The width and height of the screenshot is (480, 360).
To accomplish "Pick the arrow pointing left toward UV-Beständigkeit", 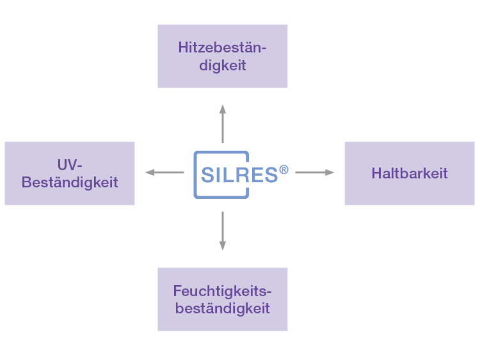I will (x=165, y=173).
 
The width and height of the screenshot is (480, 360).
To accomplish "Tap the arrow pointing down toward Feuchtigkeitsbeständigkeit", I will (x=223, y=230).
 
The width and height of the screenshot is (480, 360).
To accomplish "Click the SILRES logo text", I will (x=239, y=175).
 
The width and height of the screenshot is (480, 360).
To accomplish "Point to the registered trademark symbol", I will (x=284, y=170).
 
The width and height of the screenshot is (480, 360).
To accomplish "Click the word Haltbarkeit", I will (x=409, y=173).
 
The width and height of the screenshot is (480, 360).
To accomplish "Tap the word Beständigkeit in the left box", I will (x=70, y=183).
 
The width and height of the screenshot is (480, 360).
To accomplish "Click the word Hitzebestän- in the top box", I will (x=222, y=47).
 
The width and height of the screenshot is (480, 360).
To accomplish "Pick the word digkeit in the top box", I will (x=222, y=66).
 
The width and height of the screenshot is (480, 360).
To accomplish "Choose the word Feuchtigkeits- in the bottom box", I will (x=222, y=291).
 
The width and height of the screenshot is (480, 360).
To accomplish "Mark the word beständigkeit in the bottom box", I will (x=222, y=309).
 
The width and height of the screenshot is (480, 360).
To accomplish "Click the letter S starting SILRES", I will (x=208, y=175).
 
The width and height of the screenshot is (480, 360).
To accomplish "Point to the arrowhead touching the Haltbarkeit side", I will (x=330, y=173).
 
